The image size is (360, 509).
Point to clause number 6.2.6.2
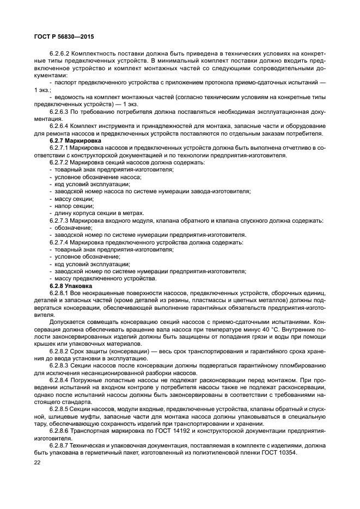(59, 54)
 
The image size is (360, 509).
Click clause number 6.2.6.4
(59, 126)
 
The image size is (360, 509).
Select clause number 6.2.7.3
(59, 220)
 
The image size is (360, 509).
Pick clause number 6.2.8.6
(59, 430)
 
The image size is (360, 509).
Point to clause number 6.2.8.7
(59, 444)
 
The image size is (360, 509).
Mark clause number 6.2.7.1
(59, 148)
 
